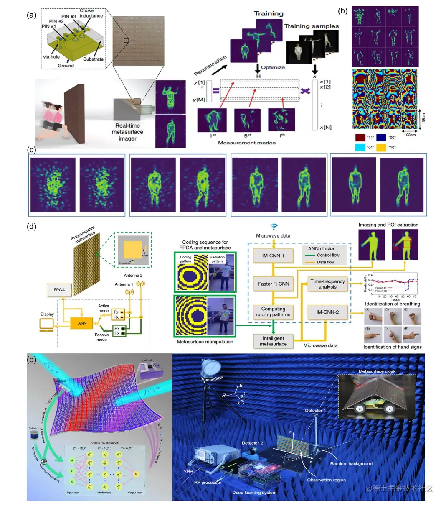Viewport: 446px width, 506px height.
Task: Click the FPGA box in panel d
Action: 59,289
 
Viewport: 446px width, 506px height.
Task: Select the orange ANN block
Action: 82,323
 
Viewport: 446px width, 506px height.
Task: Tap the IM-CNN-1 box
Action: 273,256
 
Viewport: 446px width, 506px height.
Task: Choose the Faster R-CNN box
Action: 273,284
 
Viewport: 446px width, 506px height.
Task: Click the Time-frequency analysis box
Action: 327,284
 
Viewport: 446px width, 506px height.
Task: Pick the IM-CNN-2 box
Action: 327,312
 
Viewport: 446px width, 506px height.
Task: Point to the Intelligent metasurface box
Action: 273,341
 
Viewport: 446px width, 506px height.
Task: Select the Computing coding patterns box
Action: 273,312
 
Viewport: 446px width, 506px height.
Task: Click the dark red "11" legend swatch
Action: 360,137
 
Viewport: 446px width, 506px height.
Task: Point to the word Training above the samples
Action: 269,14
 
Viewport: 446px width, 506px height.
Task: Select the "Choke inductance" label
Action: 91,13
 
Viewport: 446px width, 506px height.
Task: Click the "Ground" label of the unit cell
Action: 66,66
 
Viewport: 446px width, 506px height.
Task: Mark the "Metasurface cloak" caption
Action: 377,371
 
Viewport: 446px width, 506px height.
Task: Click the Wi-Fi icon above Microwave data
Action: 274,227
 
